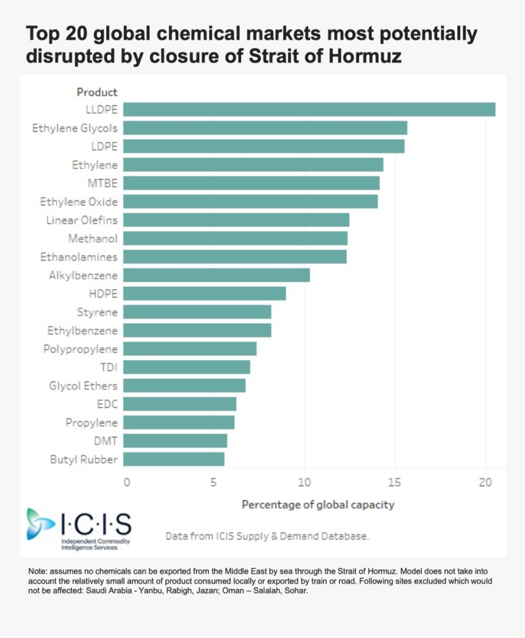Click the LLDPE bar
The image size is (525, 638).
pos(309,109)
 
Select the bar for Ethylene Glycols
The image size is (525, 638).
pos(265,128)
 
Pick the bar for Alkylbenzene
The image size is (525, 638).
pos(216,275)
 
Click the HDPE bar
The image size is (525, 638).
pos(205,293)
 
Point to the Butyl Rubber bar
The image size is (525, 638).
pos(173,459)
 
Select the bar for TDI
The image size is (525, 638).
pos(186,367)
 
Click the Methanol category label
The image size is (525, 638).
pos(93,238)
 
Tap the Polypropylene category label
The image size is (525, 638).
pos(81,349)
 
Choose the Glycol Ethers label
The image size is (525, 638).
pos(84,386)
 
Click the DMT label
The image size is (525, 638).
pos(106,441)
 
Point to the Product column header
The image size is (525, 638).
pos(97,92)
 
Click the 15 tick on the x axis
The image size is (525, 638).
pos(395,482)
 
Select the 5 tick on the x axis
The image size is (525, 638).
pos(214,482)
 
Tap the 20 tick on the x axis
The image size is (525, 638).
pos(485,482)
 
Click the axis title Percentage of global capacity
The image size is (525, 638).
pos(318,505)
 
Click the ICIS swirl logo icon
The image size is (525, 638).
pos(41,524)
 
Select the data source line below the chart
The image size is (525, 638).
pos(267,536)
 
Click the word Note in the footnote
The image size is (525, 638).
pos(38,571)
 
